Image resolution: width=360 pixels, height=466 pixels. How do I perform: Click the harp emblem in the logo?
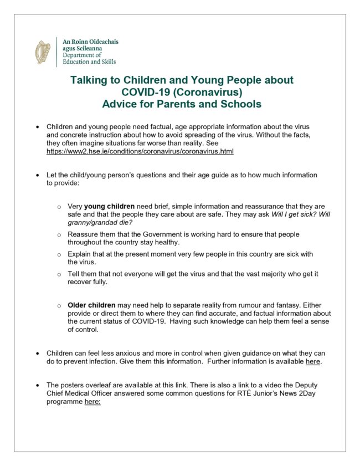pyautogui.click(x=42, y=52)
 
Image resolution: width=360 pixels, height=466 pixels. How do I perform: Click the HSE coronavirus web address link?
pyautogui.click(x=140, y=151)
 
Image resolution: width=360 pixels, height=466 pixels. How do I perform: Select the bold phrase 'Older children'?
pyautogui.click(x=91, y=305)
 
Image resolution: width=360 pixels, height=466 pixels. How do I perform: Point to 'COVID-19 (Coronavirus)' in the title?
pyautogui.click(x=182, y=92)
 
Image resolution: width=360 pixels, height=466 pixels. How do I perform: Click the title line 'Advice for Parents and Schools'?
pyautogui.click(x=182, y=104)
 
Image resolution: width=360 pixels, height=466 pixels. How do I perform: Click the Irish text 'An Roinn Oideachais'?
pyautogui.click(x=90, y=42)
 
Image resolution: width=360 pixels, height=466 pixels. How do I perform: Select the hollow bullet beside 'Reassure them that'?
pyautogui.click(x=59, y=235)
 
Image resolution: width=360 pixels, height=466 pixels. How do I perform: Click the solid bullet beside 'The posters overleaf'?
pyautogui.click(x=37, y=385)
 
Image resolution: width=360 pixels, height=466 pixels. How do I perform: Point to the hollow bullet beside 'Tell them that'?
pyautogui.click(x=59, y=274)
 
